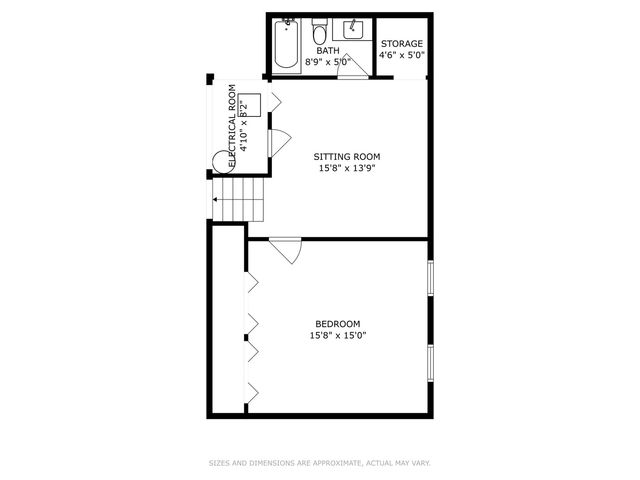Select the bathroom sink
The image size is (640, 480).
coord(354,29)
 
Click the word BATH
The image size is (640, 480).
coord(328,50)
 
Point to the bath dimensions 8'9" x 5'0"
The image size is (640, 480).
coord(329,61)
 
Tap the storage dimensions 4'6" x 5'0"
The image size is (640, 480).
coord(403,55)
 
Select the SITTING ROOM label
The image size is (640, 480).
coord(347,157)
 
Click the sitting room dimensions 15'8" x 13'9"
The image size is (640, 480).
coord(347,168)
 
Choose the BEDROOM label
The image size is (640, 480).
coord(337,323)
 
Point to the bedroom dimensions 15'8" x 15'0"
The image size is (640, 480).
coord(337,335)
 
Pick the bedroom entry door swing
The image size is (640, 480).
coord(286,249)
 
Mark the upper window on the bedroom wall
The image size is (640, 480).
coord(430,278)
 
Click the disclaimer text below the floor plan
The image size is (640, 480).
coord(319,463)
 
